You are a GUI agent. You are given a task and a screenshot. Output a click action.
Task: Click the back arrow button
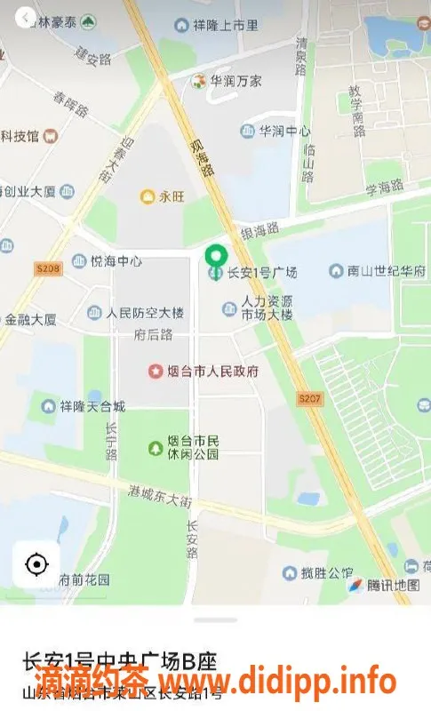pyautogui.click(x=26, y=17)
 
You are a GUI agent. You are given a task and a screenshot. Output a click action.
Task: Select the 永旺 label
pyautogui.click(x=170, y=197)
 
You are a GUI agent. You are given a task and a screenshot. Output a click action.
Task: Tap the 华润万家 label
pyautogui.click(x=235, y=81)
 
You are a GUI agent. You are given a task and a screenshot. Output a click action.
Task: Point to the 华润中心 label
pyautogui.click(x=284, y=132)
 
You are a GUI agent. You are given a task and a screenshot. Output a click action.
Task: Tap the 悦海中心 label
pyautogui.click(x=116, y=261)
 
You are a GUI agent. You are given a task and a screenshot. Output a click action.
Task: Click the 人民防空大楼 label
pyautogui.click(x=144, y=313)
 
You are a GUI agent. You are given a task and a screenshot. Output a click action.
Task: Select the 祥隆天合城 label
pyautogui.click(x=92, y=407)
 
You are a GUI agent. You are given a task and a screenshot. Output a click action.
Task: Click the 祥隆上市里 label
pyautogui.click(x=225, y=26)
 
